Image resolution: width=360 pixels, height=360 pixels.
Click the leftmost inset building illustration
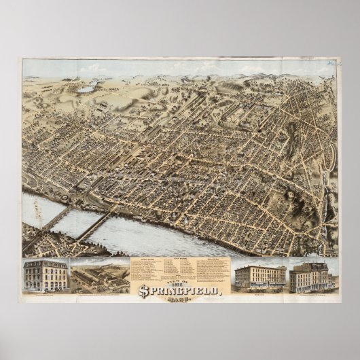click(x=45, y=274)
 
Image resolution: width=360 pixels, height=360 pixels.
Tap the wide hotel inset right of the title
click(x=259, y=276)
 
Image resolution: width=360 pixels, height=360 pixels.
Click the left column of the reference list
click(x=148, y=272)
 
